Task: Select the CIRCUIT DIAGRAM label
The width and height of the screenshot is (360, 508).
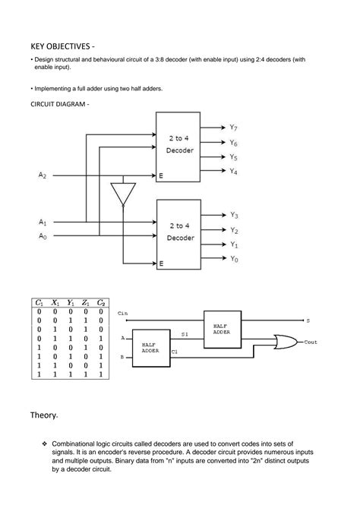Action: pyautogui.click(x=59, y=103)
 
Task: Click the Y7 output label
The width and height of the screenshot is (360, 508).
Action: pyautogui.click(x=234, y=128)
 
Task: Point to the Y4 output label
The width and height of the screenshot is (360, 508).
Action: pyautogui.click(x=234, y=172)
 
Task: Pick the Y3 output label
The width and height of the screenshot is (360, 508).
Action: pyautogui.click(x=234, y=215)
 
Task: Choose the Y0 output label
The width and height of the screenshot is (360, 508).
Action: pyautogui.click(x=234, y=259)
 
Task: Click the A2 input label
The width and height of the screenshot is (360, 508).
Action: pyautogui.click(x=43, y=175)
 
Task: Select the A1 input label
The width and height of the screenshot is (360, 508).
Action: pyautogui.click(x=43, y=222)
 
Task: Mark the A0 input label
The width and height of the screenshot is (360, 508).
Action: pyautogui.click(x=43, y=236)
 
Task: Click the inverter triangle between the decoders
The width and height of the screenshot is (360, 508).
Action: pyautogui.click(x=122, y=193)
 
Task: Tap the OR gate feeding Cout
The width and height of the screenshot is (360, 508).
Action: pyautogui.click(x=289, y=341)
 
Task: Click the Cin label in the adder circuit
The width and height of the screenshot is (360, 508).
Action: pyautogui.click(x=123, y=313)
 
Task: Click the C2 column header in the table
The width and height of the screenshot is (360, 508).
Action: pyautogui.click(x=101, y=302)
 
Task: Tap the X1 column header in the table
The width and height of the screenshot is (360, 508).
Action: pyautogui.click(x=55, y=302)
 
